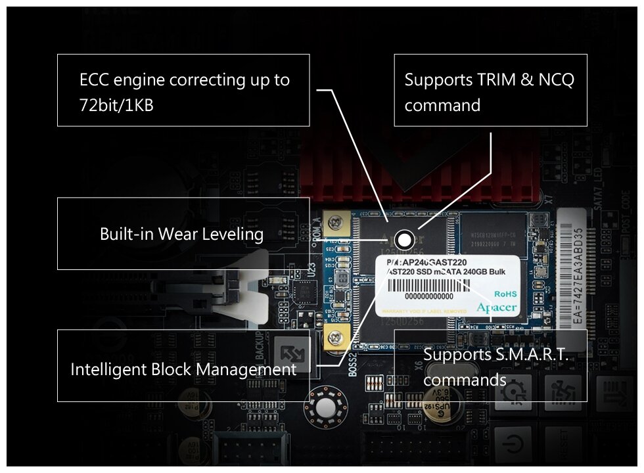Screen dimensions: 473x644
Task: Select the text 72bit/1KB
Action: (116, 104)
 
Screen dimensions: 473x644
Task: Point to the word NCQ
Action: (556, 80)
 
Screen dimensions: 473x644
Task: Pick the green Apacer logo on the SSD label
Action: (496, 307)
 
